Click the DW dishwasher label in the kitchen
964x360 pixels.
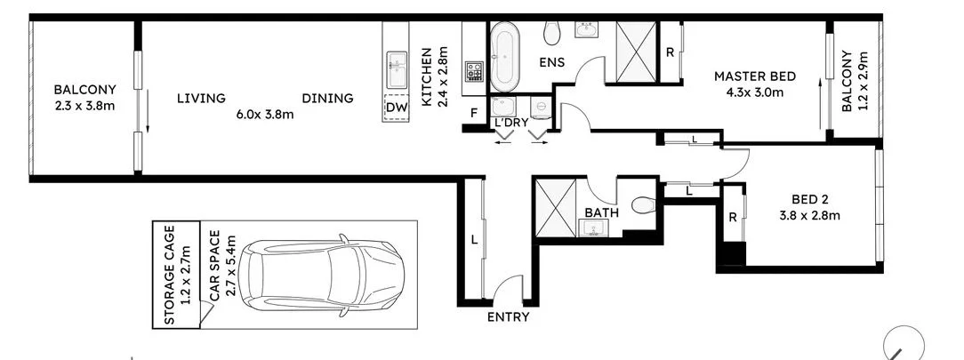395,108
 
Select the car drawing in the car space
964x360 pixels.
325,276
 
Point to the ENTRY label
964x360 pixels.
509,317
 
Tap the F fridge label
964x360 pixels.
474,112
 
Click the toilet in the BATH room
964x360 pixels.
643,205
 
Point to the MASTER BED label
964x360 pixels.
755,76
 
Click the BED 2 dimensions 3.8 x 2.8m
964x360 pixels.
810,214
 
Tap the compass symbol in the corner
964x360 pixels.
904,342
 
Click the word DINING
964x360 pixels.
327,99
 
